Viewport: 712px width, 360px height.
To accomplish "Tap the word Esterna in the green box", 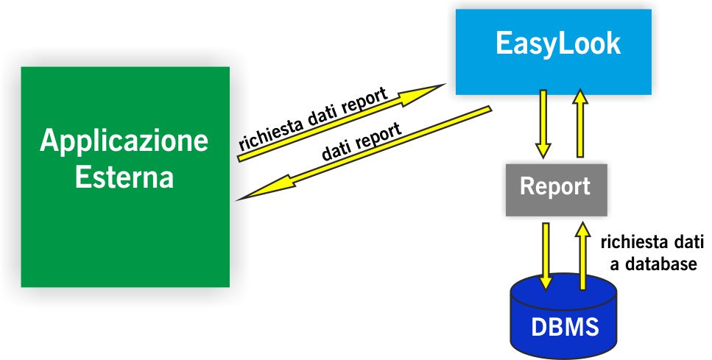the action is [124, 176].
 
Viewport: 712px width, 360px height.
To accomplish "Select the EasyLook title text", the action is [558, 44].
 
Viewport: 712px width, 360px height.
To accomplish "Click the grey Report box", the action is [556, 190].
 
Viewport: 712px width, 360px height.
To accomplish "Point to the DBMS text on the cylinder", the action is [565, 326].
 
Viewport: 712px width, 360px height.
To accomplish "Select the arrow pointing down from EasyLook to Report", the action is [543, 124].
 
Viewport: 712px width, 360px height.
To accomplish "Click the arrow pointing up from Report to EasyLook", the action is [580, 124].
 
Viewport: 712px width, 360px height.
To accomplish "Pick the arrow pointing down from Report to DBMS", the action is [546, 256].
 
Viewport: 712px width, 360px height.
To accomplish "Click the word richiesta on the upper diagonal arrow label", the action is [271, 133].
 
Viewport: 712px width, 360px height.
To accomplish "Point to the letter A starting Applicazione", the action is [49, 141].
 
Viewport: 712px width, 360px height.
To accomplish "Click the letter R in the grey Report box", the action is [527, 186].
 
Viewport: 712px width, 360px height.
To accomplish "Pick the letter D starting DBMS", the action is [539, 326].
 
